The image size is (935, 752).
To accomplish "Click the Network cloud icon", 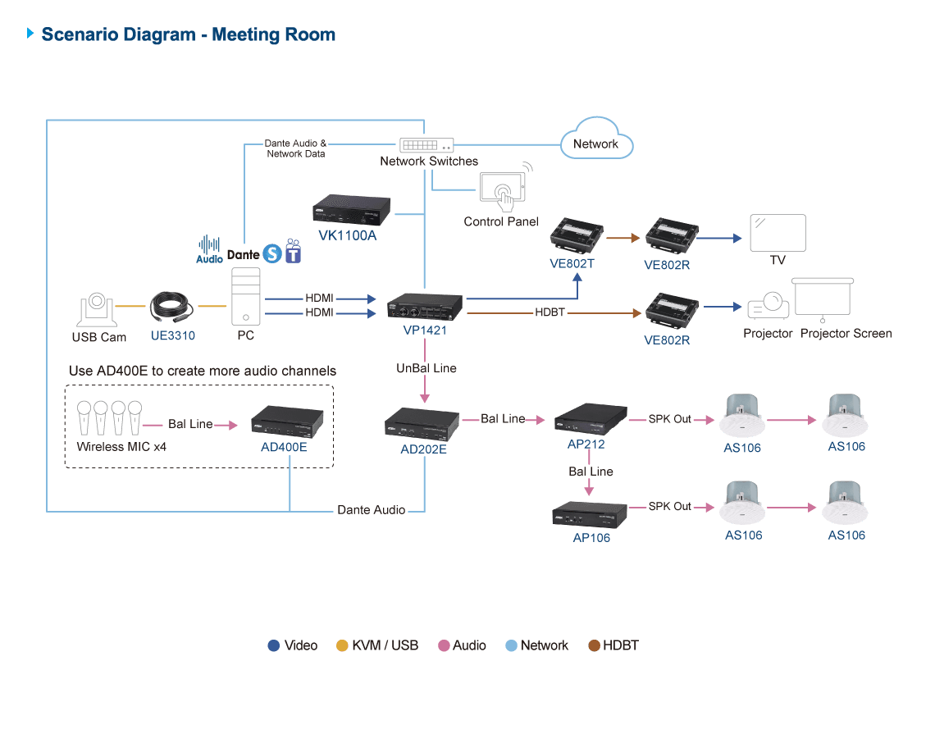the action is point(596,139).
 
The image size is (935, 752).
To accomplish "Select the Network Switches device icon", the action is point(426,145).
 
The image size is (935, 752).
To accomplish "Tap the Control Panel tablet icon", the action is point(503,189).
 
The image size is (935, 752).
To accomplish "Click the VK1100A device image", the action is point(351,210).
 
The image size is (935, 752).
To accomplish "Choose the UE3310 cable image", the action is point(171,308).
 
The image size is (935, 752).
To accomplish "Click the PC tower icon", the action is point(246,296).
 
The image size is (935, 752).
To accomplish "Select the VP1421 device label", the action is point(425,330).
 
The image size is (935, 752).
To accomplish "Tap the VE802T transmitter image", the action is point(576,235).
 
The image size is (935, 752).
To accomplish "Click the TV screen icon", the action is point(778,233).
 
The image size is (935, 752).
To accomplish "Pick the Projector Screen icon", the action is point(823,299).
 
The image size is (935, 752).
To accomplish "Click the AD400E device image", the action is point(287,422).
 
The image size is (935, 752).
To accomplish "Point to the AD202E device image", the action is point(422,424).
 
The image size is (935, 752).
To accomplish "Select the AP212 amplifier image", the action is point(591,418).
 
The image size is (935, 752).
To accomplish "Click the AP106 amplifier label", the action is point(591,538).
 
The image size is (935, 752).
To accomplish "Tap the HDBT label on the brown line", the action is point(550,312).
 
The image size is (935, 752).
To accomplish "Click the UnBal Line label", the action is point(426,368).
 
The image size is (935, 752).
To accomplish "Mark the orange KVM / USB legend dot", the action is point(342,646).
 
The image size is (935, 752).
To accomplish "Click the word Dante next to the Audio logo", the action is point(244,255).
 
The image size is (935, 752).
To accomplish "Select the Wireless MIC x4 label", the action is point(121,447).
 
